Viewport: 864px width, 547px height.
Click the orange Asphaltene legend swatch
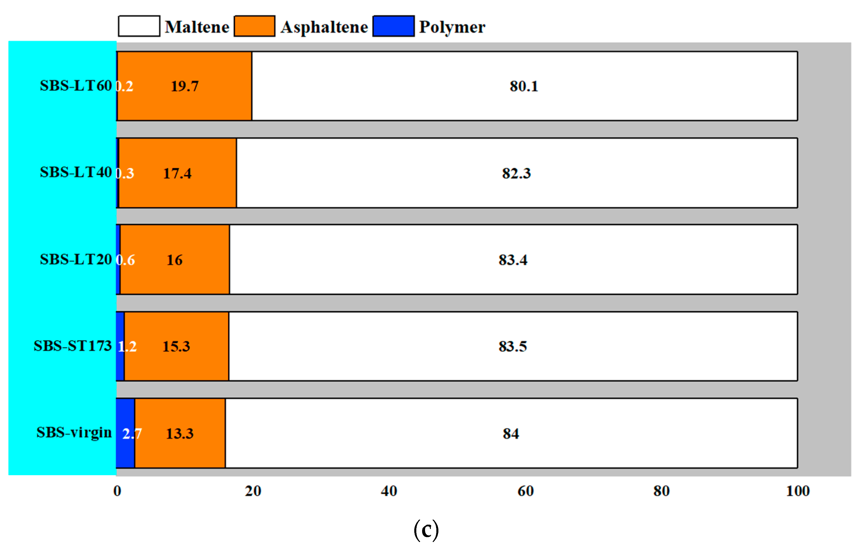[x=254, y=26]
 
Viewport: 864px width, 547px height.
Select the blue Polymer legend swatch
[x=393, y=26]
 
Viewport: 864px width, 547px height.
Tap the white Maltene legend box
[x=139, y=26]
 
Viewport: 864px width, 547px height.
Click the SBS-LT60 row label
[x=76, y=86]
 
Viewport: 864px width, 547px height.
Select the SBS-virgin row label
[x=74, y=433]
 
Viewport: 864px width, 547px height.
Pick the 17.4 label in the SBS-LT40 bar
[x=177, y=174]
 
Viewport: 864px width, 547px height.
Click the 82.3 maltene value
[x=516, y=174]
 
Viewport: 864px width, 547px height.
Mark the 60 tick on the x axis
[x=525, y=491]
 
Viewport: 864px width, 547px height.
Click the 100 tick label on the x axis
[x=798, y=491]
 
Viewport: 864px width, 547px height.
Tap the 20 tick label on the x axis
[x=253, y=491]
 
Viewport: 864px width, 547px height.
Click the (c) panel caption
[x=426, y=530]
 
